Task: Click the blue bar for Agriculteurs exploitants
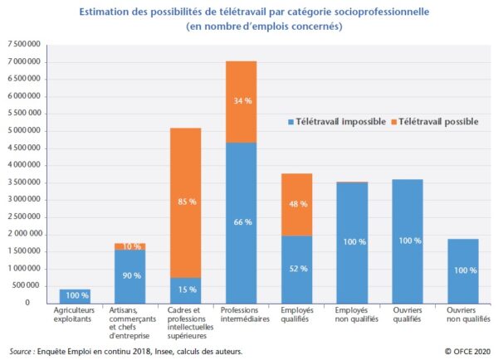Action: tap(75, 296)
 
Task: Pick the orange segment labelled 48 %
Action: tap(296, 204)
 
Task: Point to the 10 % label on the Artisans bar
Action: tap(130, 246)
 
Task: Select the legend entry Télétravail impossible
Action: tap(335, 122)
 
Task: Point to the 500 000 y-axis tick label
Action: tap(27, 285)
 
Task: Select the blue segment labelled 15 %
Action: tap(185, 289)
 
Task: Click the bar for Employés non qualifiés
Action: tap(352, 242)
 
